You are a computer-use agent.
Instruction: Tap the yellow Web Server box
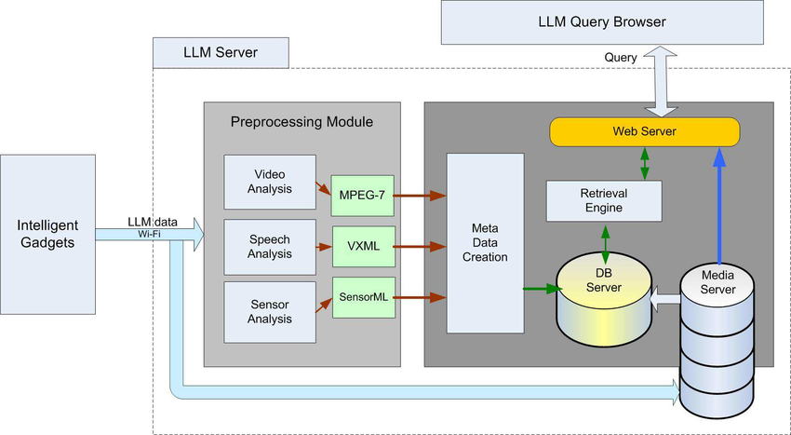tap(644, 131)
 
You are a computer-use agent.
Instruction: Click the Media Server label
tap(718, 281)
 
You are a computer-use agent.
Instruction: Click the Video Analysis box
tap(269, 183)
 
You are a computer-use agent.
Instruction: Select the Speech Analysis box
tap(269, 247)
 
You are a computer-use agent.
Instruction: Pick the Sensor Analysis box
tap(269, 310)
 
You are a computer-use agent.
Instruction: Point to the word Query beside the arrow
tap(620, 58)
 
